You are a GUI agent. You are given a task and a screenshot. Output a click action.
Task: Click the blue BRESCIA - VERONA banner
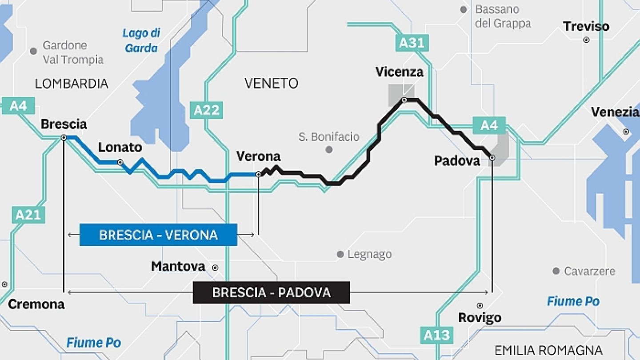tap(158, 235)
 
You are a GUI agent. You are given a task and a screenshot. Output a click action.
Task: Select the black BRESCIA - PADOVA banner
tap(271, 292)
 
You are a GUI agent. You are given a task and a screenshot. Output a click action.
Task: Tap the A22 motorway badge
tap(207, 110)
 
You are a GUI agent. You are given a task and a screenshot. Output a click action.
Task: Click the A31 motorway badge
tap(412, 43)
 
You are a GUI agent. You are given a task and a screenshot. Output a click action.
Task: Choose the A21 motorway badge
tap(28, 215)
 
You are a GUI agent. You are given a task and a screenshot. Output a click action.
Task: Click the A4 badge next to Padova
tap(489, 125)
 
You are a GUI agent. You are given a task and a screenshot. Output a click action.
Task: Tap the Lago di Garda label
tap(141, 40)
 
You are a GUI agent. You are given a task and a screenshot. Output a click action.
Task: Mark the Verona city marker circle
tap(258, 174)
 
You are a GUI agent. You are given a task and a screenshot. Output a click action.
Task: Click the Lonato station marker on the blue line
tap(120, 162)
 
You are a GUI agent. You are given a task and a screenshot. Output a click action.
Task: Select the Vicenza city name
tap(399, 72)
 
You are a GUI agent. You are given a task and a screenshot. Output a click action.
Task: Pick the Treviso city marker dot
tap(586, 40)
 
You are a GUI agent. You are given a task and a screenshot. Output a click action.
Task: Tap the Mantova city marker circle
tap(215, 268)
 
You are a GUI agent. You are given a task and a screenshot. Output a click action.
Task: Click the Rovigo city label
tap(480, 317)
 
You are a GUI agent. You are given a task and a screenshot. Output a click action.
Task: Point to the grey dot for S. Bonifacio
tap(329, 150)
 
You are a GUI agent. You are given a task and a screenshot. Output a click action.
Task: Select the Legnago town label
tap(369, 254)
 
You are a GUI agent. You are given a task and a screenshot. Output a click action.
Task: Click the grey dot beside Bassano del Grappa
tap(464, 9)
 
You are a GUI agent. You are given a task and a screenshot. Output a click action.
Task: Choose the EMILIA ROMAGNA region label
tap(548, 350)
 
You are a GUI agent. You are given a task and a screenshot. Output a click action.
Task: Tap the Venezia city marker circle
tap(626, 132)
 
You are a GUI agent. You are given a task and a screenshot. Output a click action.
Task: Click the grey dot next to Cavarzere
tap(556, 271)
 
